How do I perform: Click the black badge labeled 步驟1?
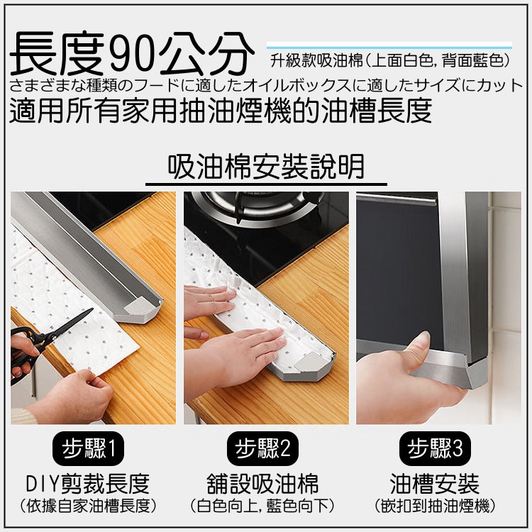click(88, 448)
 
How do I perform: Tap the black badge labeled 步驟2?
click(262, 448)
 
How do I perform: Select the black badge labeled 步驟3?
click(435, 448)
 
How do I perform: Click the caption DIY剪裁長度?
click(88, 484)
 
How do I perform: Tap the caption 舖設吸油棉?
click(262, 484)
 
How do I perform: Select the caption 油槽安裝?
click(435, 484)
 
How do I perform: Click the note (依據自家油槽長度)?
click(88, 506)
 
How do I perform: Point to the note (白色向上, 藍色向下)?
click(262, 506)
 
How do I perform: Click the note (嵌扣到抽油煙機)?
click(435, 506)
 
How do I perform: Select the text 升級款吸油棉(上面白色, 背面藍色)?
click(390, 61)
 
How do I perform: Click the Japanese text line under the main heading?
click(266, 86)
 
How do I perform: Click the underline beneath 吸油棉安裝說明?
click(266, 184)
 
